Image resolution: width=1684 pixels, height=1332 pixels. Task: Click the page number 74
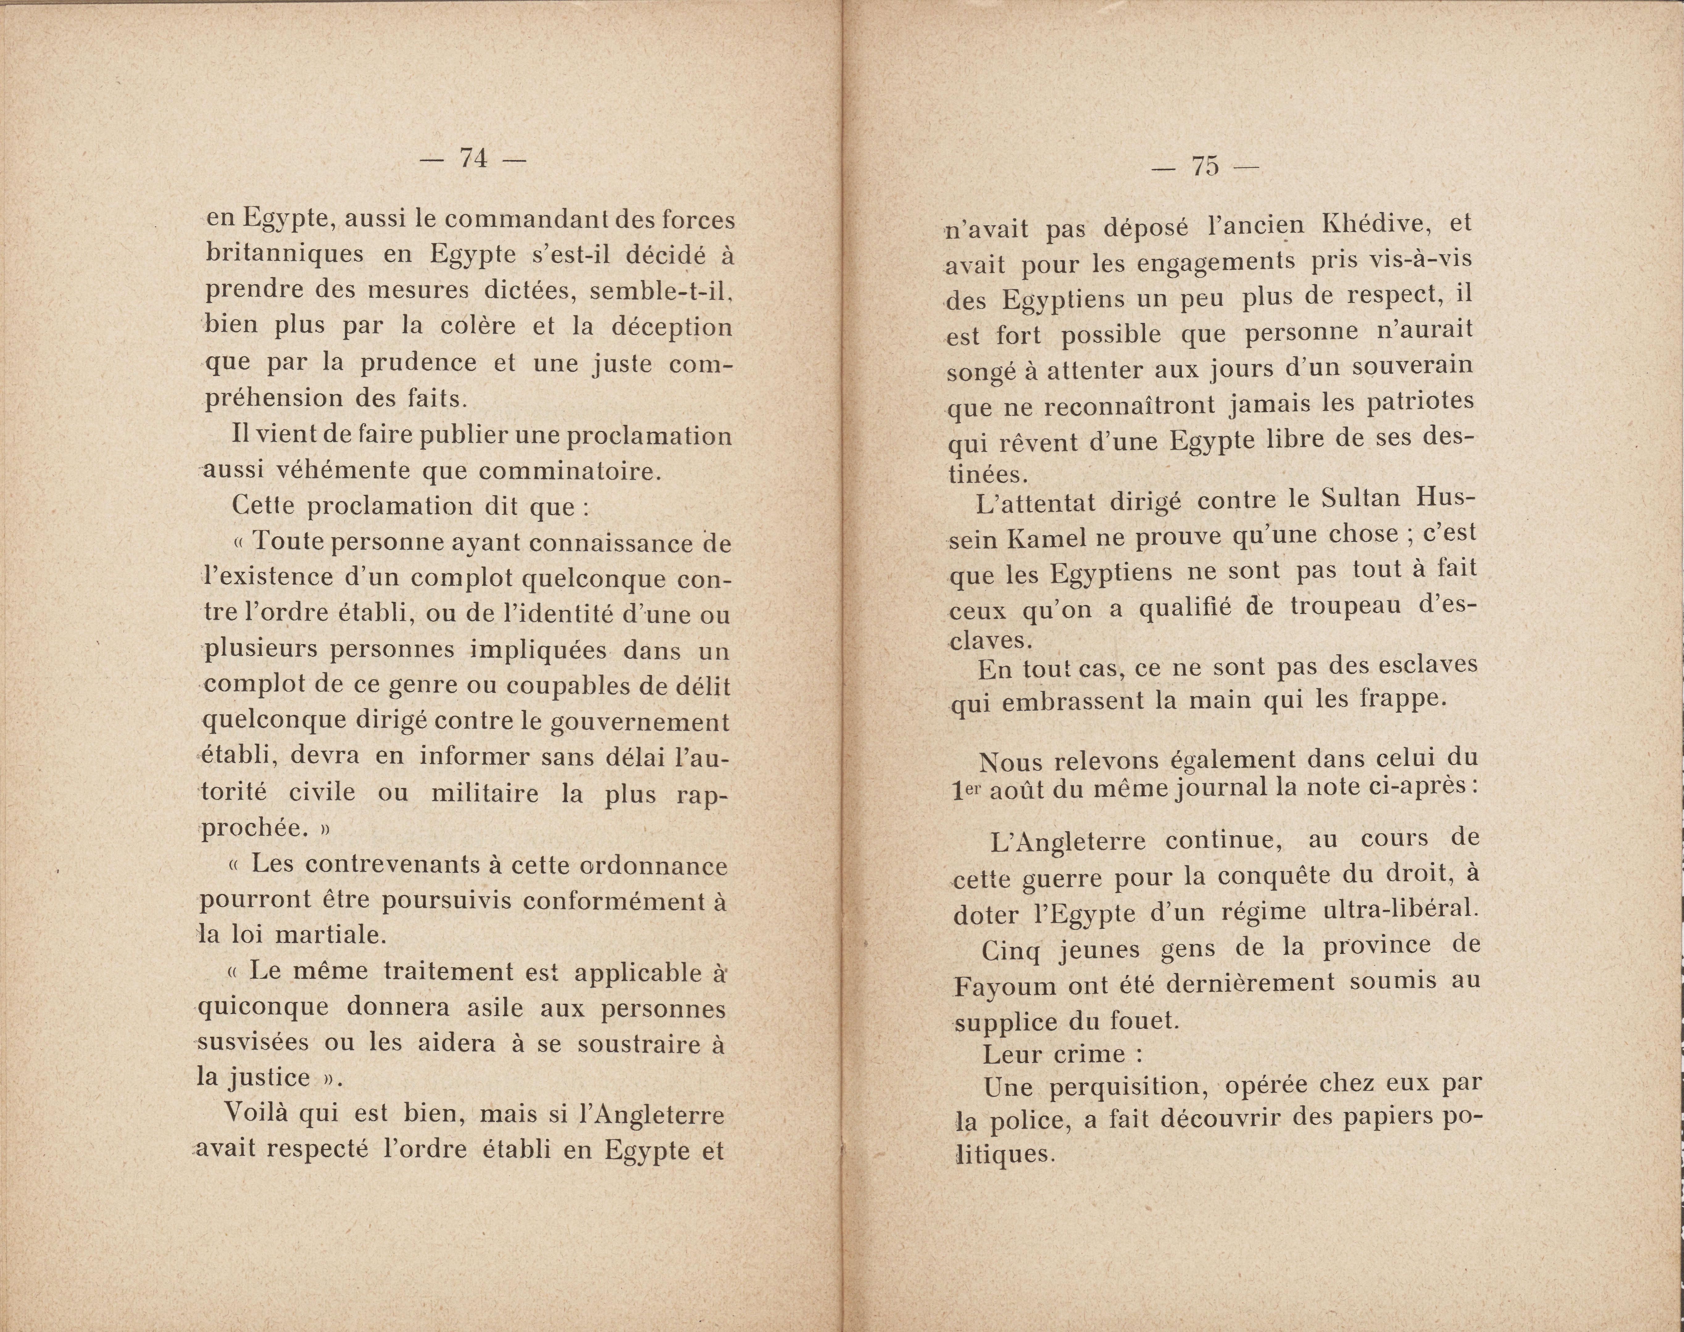point(473,158)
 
